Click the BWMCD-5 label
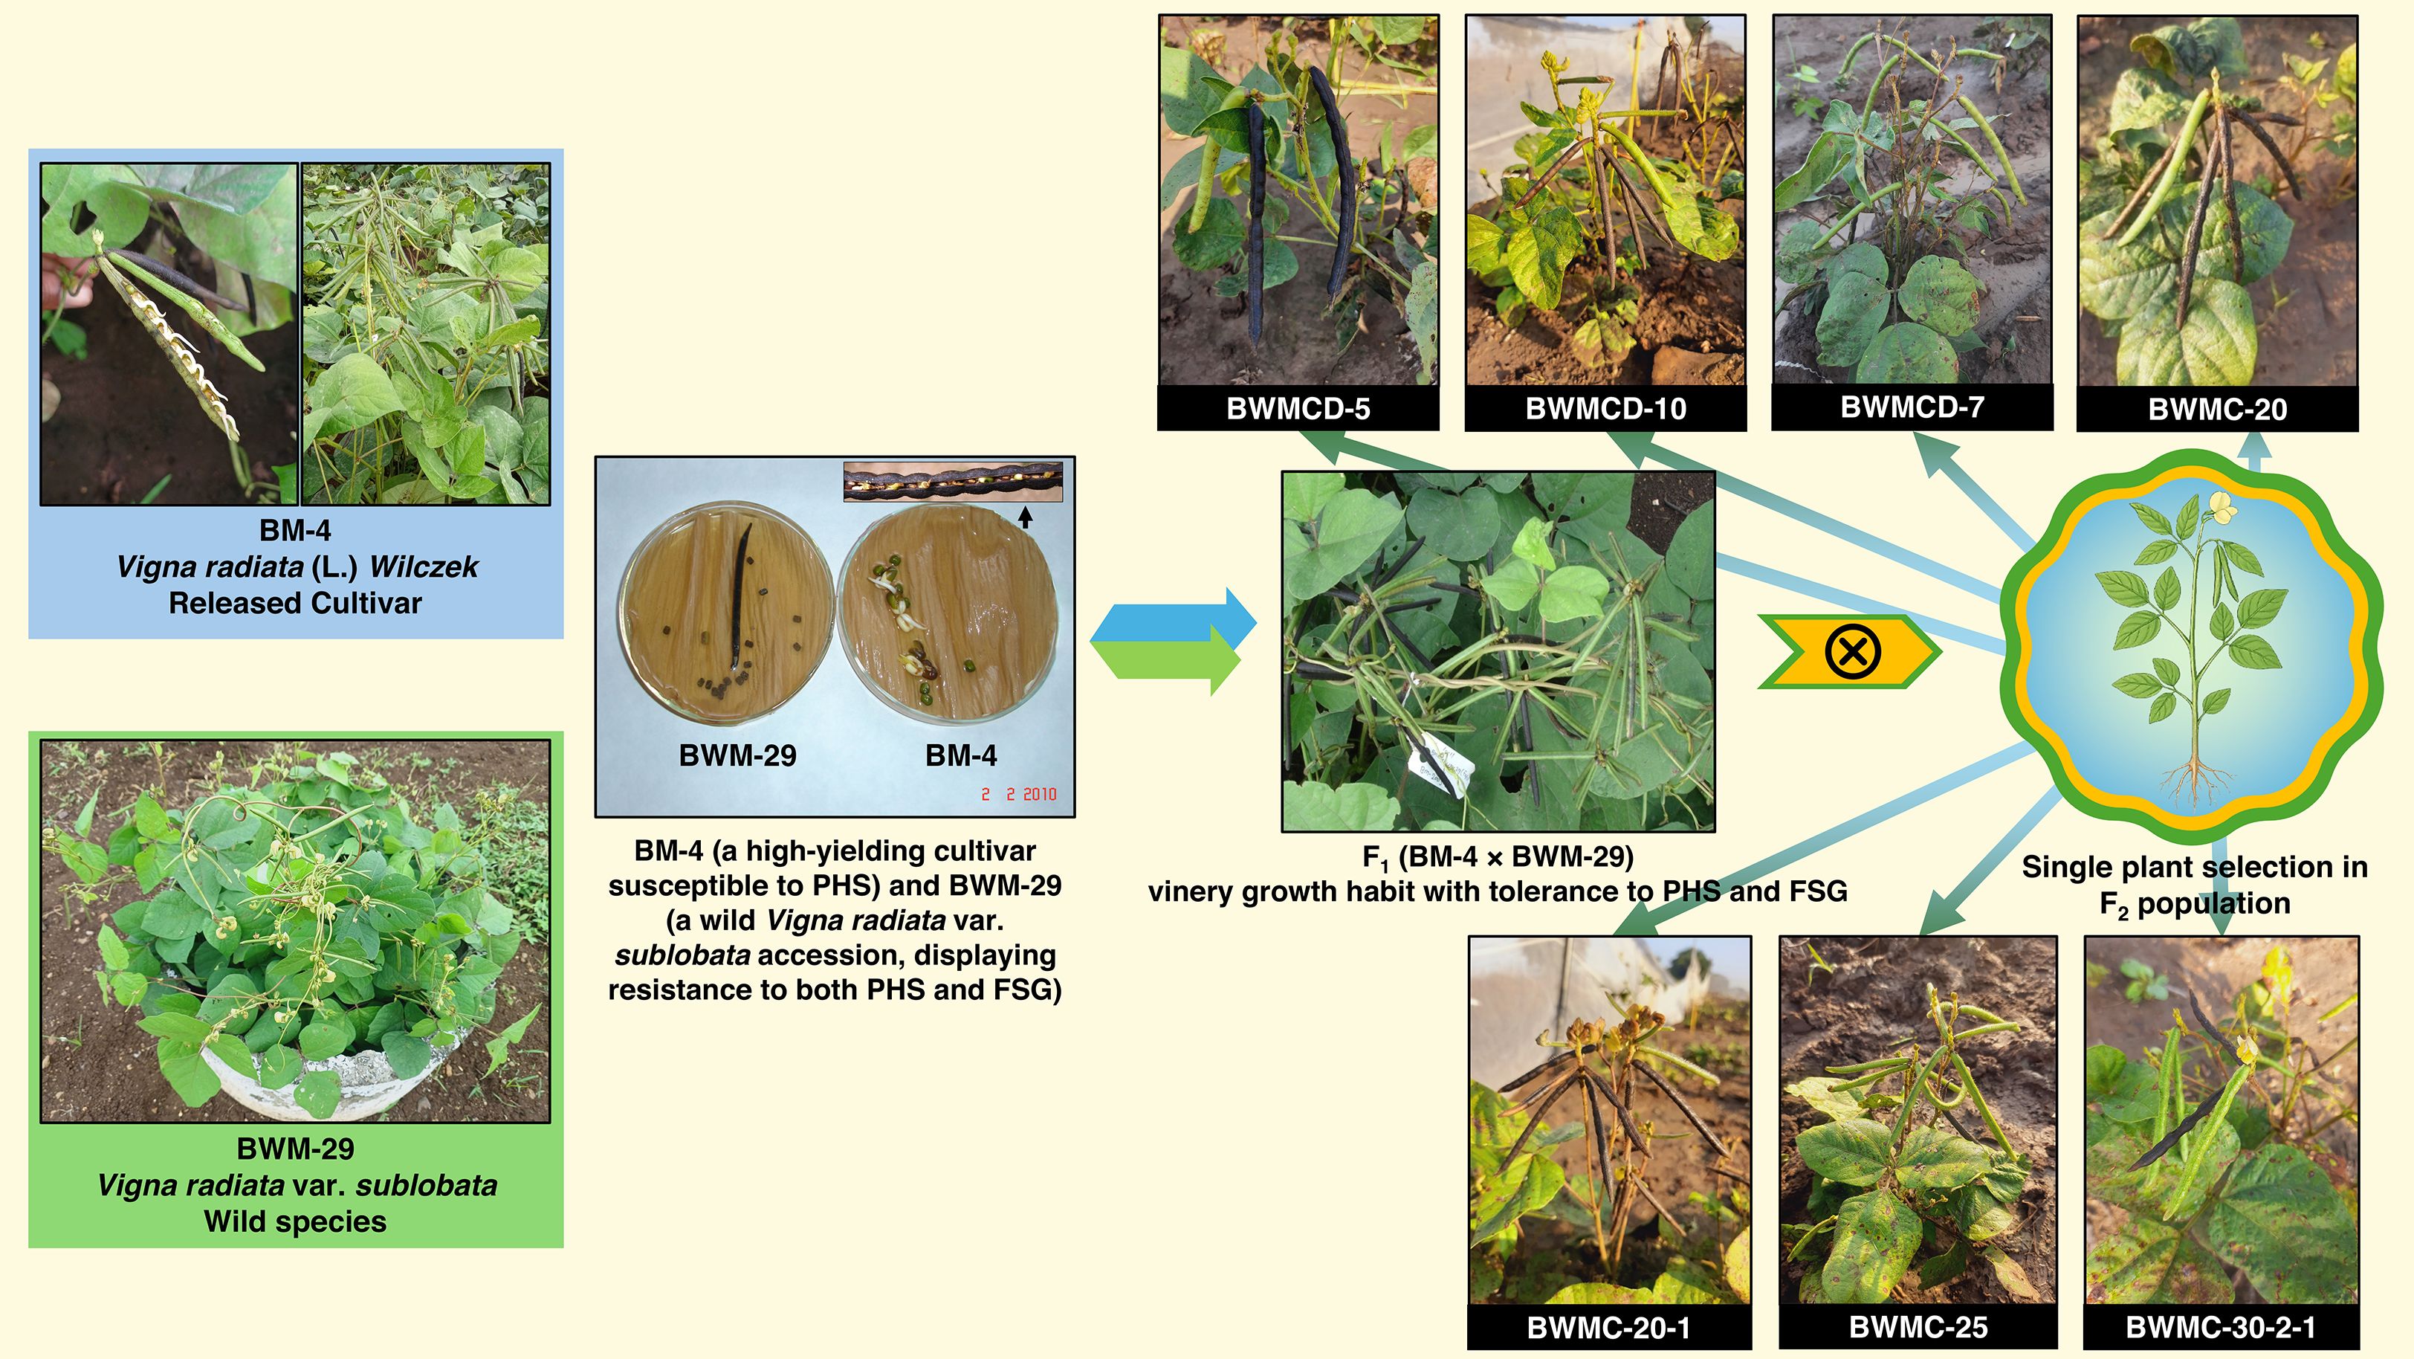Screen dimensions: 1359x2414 pos(1298,409)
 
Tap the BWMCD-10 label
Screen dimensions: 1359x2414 pos(1605,409)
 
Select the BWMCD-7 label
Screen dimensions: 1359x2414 pos(1912,407)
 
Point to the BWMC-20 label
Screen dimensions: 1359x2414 pos(2217,410)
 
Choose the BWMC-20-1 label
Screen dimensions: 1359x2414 pos(1608,1327)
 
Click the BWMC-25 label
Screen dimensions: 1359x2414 pos(1918,1327)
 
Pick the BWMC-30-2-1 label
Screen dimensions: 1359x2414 pos(2220,1327)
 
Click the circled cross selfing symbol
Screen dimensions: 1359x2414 pos(1851,651)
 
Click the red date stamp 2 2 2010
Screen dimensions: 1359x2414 pos(1019,794)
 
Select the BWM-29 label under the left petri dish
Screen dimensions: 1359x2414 pos(737,755)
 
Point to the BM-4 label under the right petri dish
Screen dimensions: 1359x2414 pos(960,755)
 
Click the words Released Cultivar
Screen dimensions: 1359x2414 pos(295,603)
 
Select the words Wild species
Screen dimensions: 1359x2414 pos(295,1221)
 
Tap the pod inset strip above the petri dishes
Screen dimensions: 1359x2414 pos(953,482)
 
